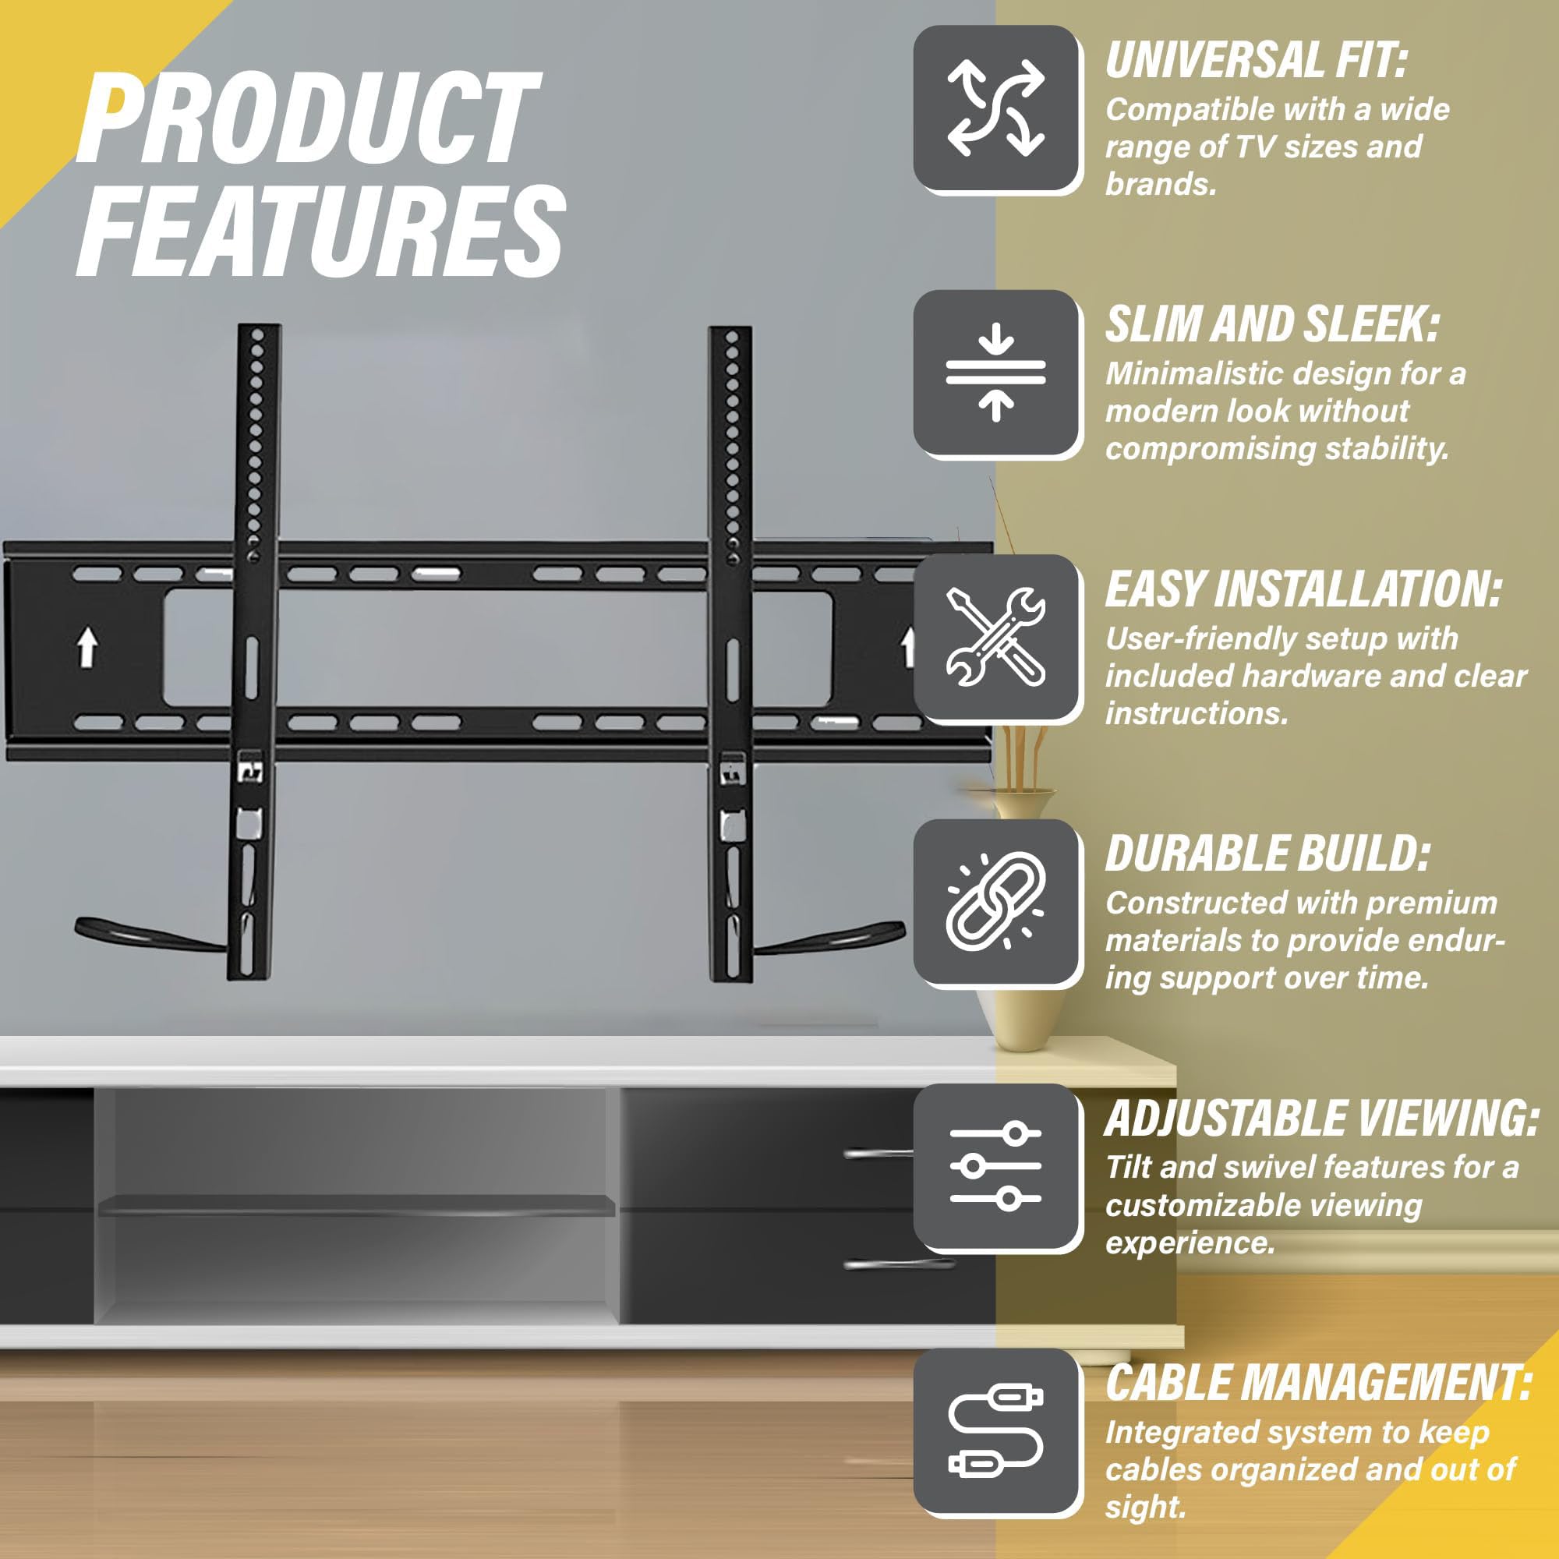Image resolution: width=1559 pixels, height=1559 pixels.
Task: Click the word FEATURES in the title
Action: (x=320, y=230)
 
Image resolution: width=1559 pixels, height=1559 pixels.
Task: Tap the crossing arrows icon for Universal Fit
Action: (x=995, y=108)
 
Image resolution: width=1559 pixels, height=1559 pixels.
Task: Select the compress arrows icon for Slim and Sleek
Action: (x=995, y=372)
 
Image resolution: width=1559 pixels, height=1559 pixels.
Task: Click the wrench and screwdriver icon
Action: (x=995, y=637)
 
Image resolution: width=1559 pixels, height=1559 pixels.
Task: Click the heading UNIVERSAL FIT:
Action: (x=1256, y=61)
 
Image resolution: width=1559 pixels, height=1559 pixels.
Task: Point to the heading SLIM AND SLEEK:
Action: (x=1271, y=324)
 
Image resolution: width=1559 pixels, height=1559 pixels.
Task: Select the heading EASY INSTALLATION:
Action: (x=1303, y=589)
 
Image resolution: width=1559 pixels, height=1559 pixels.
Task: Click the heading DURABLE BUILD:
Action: (x=1267, y=854)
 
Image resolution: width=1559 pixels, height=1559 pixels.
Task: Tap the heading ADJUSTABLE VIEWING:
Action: (x=1322, y=1119)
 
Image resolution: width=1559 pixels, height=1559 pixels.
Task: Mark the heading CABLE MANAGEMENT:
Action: (x=1319, y=1383)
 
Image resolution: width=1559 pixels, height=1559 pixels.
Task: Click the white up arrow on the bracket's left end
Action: (x=87, y=648)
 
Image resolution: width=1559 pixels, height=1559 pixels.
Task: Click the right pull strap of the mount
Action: (x=831, y=937)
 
